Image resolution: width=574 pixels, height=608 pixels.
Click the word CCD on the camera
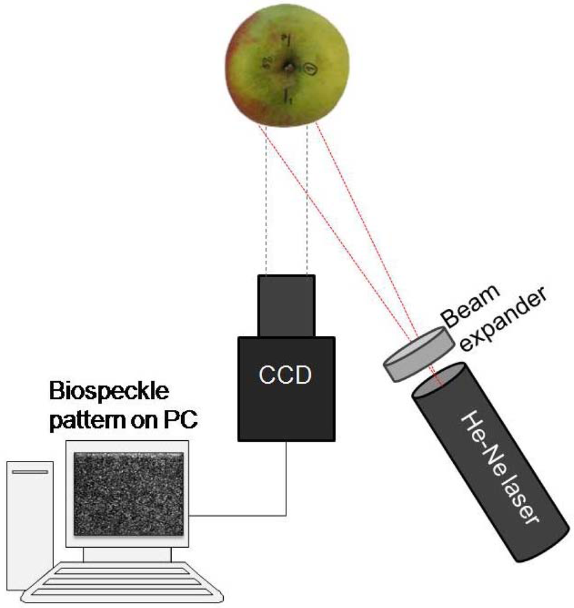(x=286, y=375)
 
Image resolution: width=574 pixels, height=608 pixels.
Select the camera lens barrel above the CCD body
(x=286, y=305)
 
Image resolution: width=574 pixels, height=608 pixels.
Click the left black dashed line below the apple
(x=266, y=201)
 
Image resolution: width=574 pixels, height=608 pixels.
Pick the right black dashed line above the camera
(x=307, y=201)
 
